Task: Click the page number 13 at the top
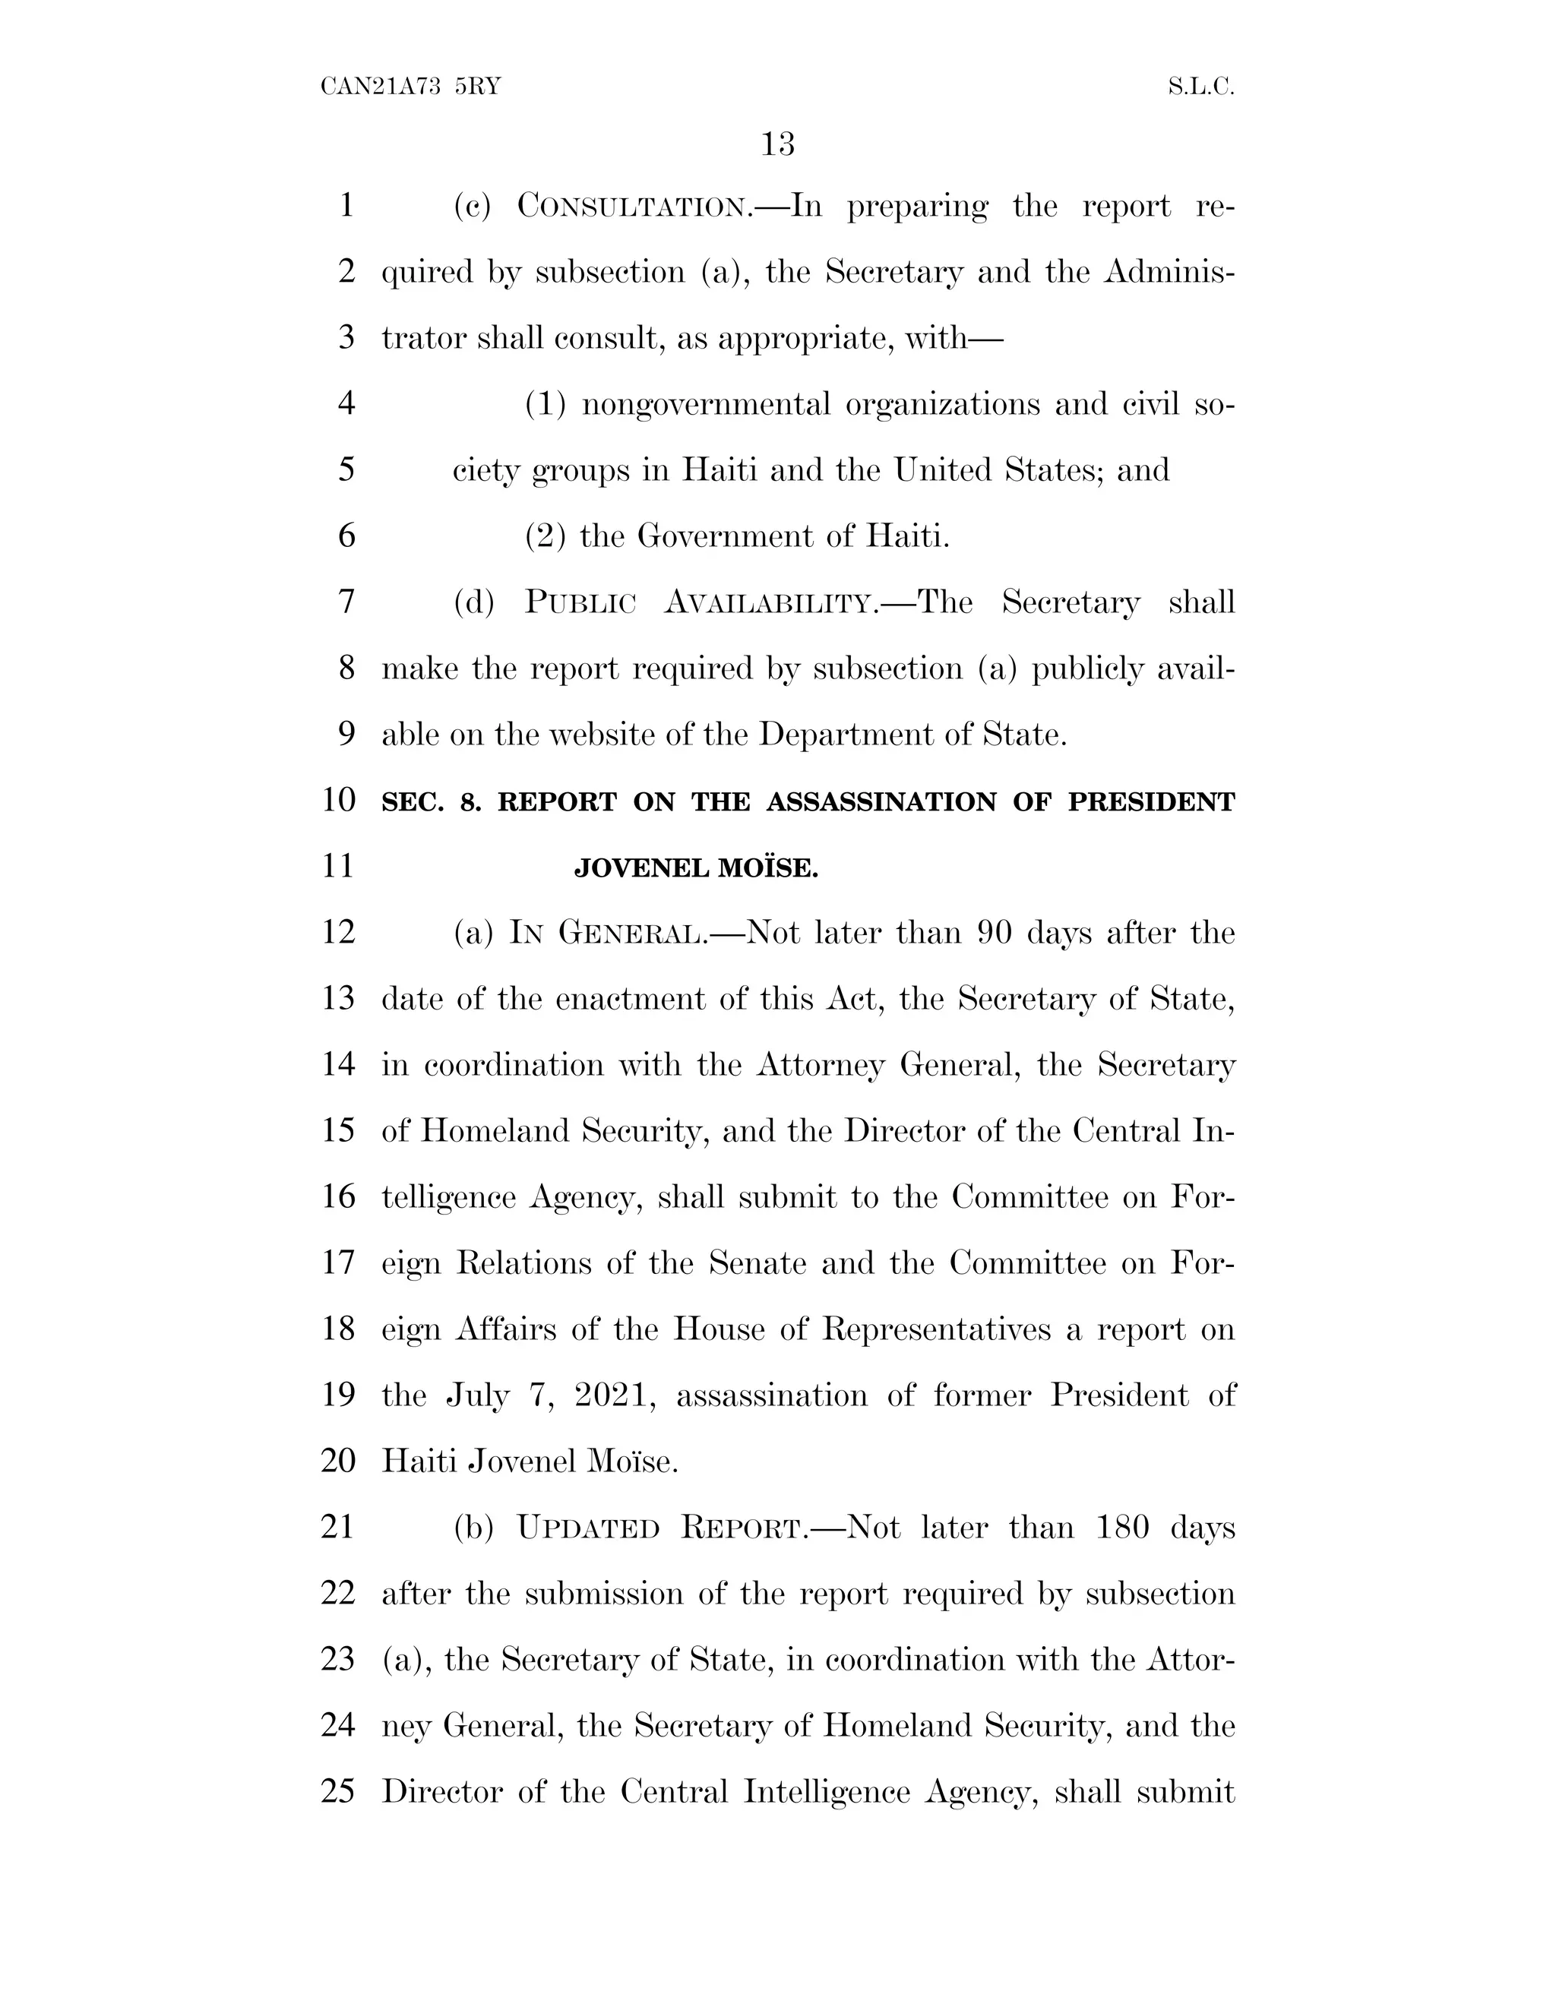778,144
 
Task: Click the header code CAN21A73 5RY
410,87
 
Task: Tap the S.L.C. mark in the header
1200,87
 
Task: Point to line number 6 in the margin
346,536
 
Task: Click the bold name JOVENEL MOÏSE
696,868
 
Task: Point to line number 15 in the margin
338,1130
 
